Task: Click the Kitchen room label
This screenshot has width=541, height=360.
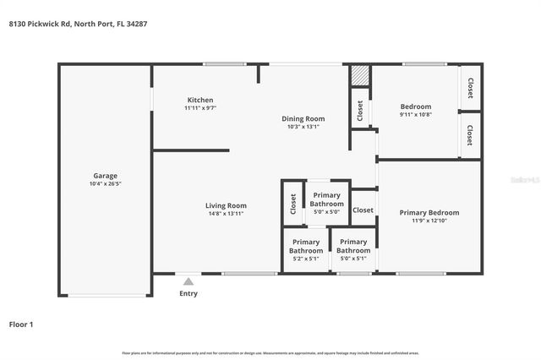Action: coord(200,100)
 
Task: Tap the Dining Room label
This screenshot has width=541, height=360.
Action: coord(303,118)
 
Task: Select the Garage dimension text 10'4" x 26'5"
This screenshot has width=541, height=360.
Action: coord(106,184)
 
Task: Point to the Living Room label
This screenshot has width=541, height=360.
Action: coord(226,205)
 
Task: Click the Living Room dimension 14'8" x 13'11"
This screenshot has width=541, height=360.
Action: coord(226,214)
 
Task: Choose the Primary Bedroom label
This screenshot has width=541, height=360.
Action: coord(429,213)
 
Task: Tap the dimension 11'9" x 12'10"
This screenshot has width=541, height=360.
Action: coord(429,221)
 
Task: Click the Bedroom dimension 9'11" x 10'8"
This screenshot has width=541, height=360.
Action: coord(416,115)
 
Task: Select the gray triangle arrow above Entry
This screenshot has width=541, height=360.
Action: coord(188,282)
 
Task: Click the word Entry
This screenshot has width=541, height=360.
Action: coord(188,294)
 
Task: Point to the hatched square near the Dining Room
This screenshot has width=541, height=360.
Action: coord(361,75)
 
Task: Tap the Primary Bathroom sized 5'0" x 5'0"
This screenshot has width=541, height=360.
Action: coord(326,199)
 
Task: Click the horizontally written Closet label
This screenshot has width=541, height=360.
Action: coord(363,210)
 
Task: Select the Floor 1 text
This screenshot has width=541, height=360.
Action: coord(21,324)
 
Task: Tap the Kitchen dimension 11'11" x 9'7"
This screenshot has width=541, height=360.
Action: coord(200,108)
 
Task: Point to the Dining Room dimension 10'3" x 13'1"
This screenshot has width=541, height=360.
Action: coord(303,128)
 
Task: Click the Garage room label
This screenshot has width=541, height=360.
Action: coord(106,176)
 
